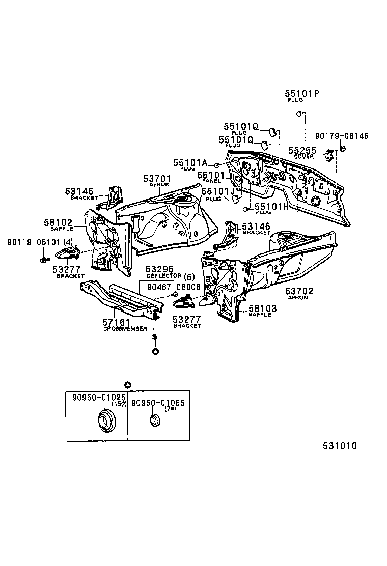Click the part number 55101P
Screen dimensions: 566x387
[302, 94]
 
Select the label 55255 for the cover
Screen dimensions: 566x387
[302, 151]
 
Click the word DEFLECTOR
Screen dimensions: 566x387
[163, 275]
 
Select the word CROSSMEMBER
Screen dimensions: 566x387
[125, 329]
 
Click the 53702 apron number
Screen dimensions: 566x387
[299, 291]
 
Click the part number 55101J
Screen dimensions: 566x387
[217, 191]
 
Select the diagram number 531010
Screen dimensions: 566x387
[339, 446]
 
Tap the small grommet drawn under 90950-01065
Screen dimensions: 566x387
[154, 421]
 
